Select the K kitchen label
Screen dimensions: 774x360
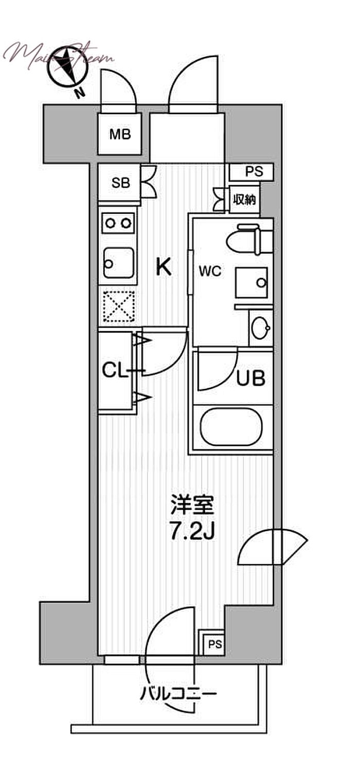point(163,266)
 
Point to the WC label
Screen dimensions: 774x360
point(211,271)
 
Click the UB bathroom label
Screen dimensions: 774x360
point(250,379)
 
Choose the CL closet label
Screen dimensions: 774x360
point(116,370)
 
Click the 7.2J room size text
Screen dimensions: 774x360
point(191,532)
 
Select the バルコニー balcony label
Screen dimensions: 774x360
point(178,695)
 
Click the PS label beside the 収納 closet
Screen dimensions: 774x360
point(254,172)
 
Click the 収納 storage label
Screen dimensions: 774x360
point(245,200)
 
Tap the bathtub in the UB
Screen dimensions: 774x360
point(231,426)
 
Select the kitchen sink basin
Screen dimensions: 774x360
point(119,263)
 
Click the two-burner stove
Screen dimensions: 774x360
point(119,223)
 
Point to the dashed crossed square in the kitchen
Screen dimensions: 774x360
point(119,307)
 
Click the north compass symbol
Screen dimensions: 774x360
point(66,65)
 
